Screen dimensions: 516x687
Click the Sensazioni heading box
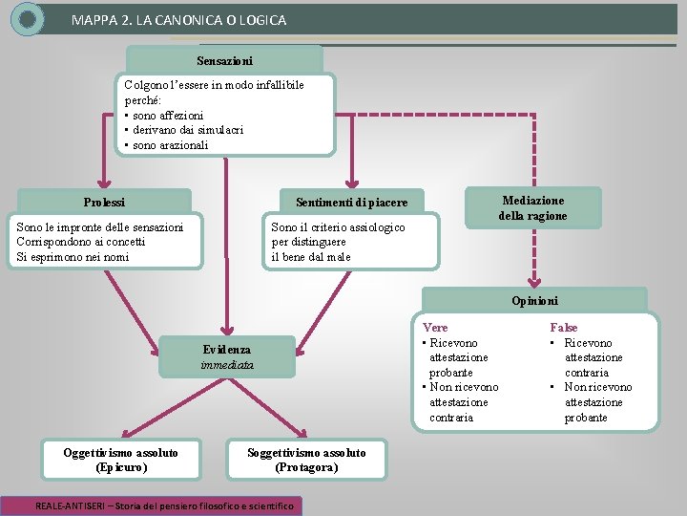225,61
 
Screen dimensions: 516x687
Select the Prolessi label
104,202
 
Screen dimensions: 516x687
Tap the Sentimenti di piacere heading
351,203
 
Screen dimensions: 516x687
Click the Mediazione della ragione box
532,207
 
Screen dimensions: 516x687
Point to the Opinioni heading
534,300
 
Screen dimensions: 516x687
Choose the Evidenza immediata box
227,356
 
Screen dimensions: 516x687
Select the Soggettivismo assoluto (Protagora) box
305,460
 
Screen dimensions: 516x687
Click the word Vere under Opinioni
435,328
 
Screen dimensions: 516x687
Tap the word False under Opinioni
563,328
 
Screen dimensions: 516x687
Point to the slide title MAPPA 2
178,19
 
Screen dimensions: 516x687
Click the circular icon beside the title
29,18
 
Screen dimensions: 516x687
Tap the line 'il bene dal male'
311,256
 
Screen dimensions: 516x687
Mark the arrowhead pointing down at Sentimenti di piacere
352,181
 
